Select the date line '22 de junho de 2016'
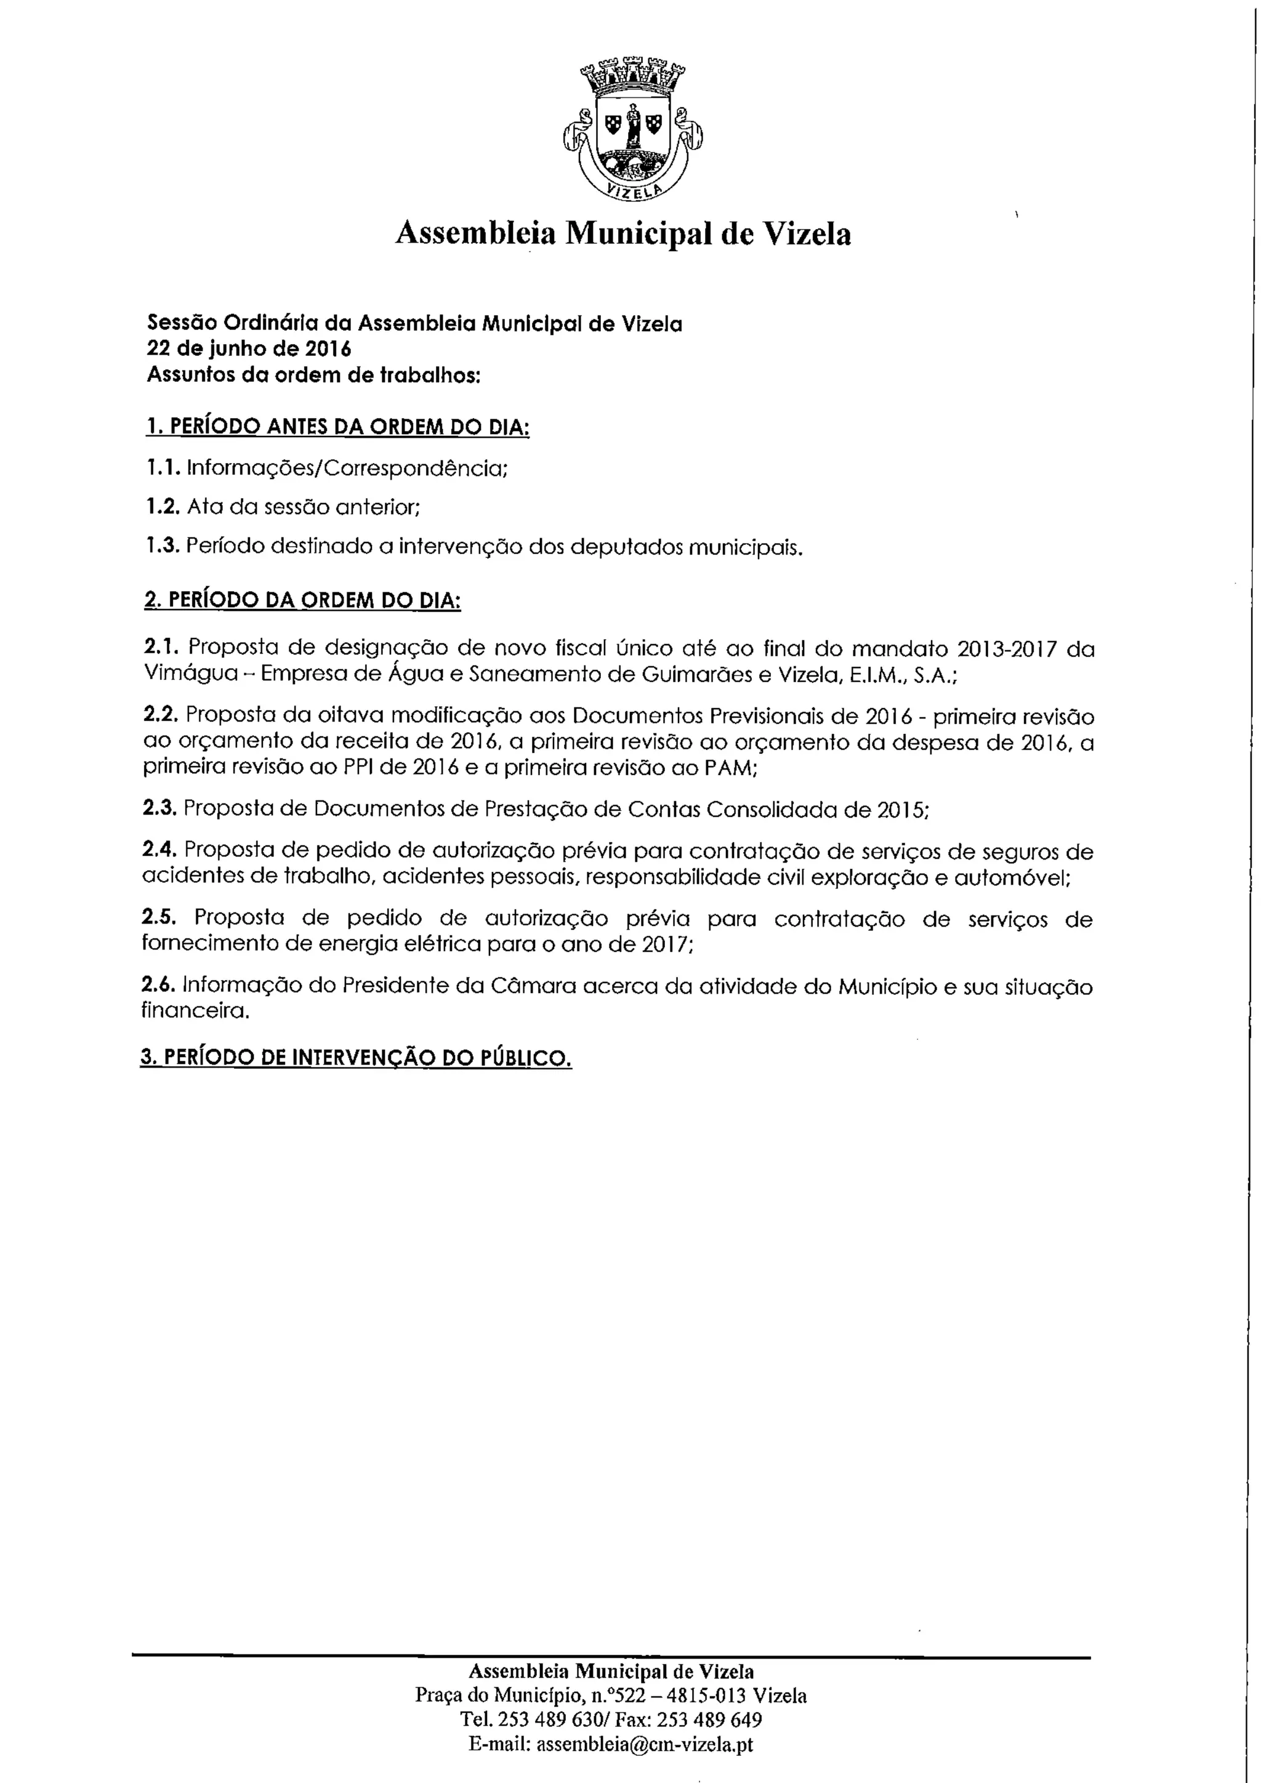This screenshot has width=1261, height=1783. click(x=249, y=348)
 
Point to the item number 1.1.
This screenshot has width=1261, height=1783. click(x=163, y=469)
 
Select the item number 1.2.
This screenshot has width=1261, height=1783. click(x=163, y=507)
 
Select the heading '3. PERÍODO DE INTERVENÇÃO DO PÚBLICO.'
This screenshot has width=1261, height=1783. click(x=356, y=1058)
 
